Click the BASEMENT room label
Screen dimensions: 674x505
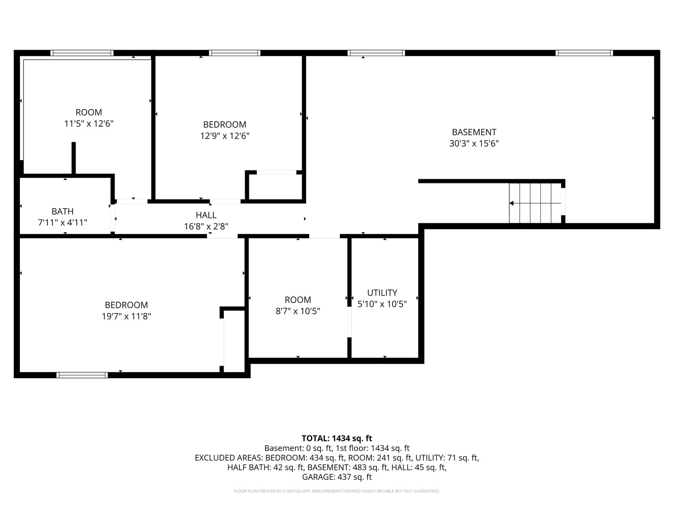tap(474, 132)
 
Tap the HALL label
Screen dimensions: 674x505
tap(206, 215)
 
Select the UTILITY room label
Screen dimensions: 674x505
tap(382, 293)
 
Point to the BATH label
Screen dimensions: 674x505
tap(62, 212)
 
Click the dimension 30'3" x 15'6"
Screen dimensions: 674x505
tap(474, 144)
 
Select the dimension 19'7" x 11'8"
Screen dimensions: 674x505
tap(126, 316)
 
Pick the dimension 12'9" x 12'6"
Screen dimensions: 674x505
tap(225, 136)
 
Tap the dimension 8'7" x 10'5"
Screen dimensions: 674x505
tap(298, 311)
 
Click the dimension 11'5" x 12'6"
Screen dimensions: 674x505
tap(89, 124)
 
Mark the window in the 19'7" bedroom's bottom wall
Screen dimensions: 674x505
tap(82, 375)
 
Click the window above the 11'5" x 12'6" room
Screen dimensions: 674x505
tap(82, 53)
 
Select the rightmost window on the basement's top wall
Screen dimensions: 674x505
tap(584, 53)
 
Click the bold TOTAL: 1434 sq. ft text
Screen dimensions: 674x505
tap(337, 438)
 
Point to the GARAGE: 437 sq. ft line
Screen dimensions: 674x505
tap(337, 477)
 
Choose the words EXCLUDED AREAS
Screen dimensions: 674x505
tap(229, 458)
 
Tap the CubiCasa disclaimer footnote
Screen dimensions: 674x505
tap(337, 491)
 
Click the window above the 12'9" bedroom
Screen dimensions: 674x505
tap(235, 53)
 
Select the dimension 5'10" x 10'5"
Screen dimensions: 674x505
tap(382, 304)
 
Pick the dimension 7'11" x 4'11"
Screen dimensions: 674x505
tap(62, 223)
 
